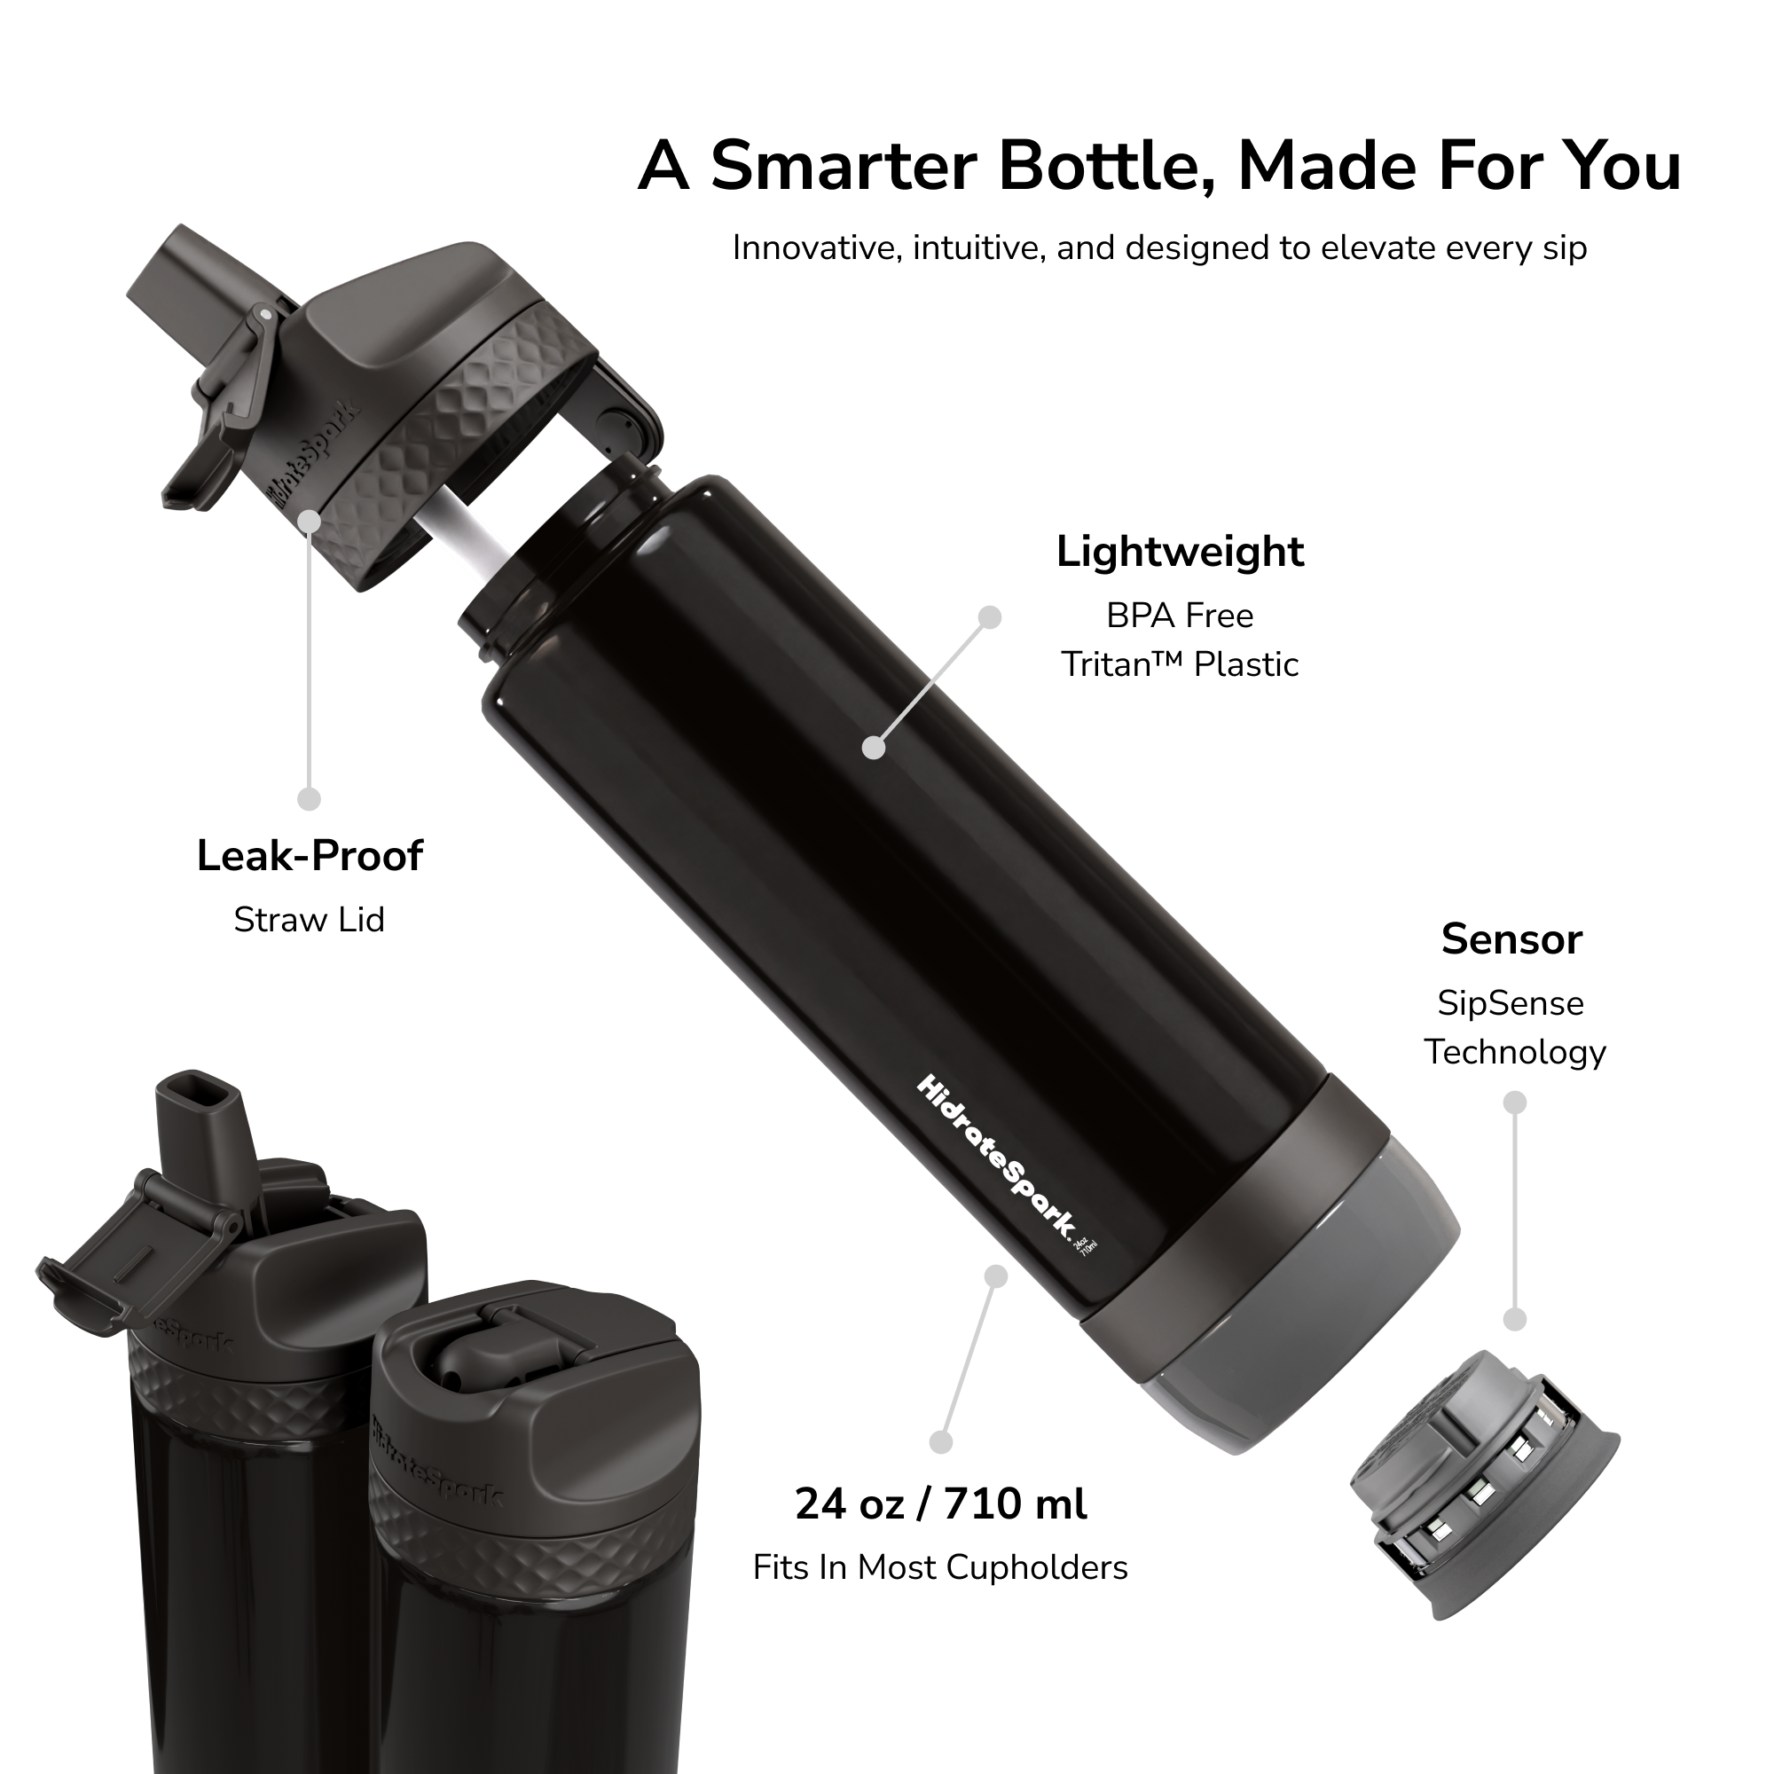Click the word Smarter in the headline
point(842,166)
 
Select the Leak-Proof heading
point(310,856)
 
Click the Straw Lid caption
point(310,919)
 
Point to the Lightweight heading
point(1180,552)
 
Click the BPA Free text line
point(1180,616)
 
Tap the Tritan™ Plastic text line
point(1180,663)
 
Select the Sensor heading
point(1512,939)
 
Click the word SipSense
point(1511,1002)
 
